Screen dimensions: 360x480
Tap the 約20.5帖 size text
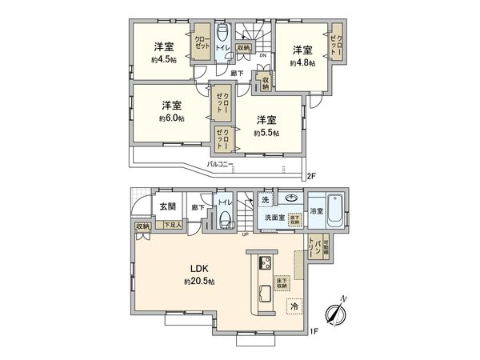pos(198,282)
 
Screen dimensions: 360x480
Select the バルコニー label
pos(219,164)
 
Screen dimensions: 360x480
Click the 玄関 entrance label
pos(167,207)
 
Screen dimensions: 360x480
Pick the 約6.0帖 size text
pos(170,118)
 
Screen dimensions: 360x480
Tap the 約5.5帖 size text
pos(266,133)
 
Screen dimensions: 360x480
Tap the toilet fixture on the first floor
pos(225,218)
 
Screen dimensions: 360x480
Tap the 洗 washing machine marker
pos(265,199)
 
